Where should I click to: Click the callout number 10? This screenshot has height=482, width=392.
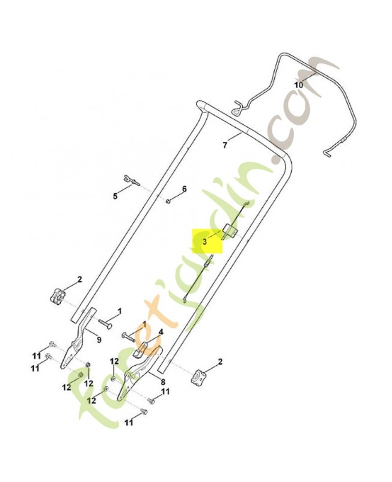[298, 84]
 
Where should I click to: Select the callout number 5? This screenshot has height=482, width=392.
[115, 196]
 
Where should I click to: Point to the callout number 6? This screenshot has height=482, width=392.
[184, 189]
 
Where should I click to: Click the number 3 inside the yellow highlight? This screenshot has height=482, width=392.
[204, 242]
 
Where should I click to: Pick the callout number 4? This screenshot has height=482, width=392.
[161, 332]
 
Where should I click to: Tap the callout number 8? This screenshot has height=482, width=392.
[163, 382]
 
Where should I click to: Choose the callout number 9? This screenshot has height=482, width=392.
[99, 340]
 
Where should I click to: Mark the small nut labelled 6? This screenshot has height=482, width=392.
[168, 201]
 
